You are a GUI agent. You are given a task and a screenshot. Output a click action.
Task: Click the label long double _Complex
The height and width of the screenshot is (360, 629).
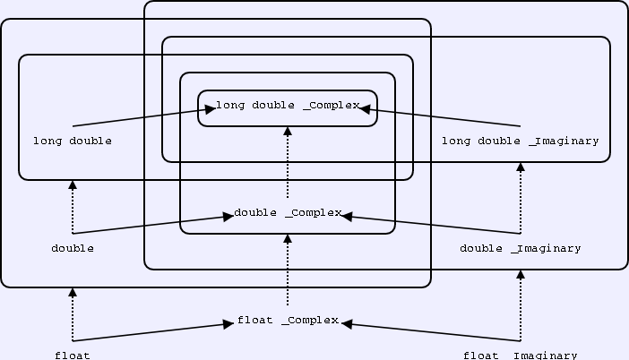pos(287,106)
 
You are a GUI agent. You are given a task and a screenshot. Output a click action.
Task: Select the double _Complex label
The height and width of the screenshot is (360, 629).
pos(288,213)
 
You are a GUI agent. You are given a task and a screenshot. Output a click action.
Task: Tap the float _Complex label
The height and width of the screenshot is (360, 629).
pos(288,321)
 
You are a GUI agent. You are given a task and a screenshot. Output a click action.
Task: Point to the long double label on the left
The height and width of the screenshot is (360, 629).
pos(73,141)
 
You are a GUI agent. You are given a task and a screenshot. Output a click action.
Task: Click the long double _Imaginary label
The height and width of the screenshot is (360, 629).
pos(521,141)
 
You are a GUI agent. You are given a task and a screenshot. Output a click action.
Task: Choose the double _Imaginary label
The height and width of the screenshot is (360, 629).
pos(521,248)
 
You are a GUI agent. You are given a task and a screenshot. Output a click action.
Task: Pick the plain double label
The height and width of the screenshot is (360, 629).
pos(73,248)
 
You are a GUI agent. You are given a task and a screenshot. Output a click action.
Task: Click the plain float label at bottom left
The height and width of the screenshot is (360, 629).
pos(73,355)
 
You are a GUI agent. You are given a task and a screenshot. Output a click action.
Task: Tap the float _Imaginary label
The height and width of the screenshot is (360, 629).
pos(521,355)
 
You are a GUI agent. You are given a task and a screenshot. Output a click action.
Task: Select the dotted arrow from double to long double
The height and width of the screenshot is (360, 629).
pos(73,206)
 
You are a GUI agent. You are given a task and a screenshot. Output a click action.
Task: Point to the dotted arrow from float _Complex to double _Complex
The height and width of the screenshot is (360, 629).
pos(288,269)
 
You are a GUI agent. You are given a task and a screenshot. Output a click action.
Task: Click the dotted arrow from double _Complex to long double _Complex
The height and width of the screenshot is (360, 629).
pos(288,161)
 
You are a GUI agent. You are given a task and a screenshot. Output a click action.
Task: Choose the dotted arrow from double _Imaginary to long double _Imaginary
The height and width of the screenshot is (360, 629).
pos(521,197)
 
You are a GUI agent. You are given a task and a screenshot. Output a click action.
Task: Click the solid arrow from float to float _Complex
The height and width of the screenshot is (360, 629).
pos(152,332)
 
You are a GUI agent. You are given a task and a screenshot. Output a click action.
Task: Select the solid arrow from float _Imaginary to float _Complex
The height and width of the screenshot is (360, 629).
pos(430,332)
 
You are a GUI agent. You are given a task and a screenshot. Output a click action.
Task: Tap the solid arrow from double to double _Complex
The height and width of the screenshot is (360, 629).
pos(152,224)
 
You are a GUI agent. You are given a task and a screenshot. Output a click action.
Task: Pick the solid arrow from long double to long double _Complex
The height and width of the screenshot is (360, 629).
pos(143,117)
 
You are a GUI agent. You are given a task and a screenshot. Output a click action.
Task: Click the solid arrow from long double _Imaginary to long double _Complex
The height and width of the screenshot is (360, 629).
pos(439,117)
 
